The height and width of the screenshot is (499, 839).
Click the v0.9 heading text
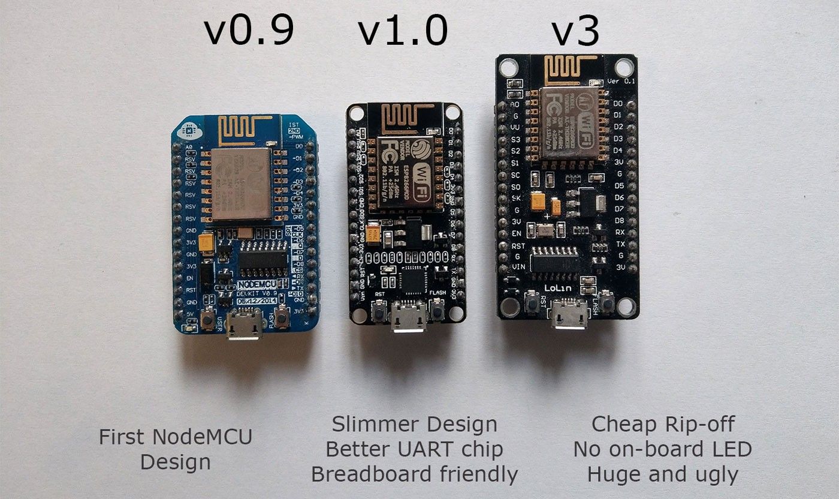tap(249, 32)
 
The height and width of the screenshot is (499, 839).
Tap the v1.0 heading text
tap(403, 32)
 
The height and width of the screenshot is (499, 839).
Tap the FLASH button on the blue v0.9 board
tap(282, 318)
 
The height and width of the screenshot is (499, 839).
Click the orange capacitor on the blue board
tap(206, 242)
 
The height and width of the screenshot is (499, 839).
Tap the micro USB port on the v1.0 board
tap(408, 316)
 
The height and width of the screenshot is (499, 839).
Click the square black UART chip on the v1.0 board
tap(413, 279)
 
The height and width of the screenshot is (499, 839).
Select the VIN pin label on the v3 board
tap(518, 266)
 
